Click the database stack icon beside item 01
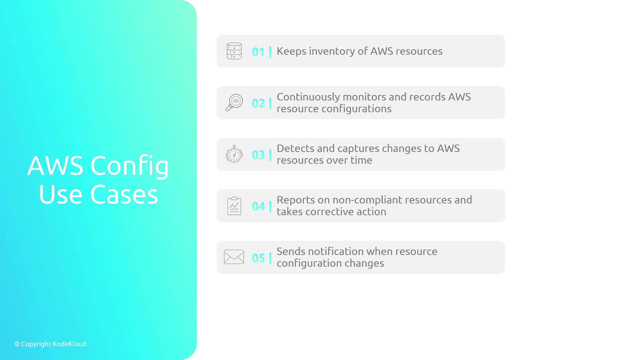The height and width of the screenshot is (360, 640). point(234,51)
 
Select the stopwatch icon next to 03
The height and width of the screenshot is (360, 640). point(234,154)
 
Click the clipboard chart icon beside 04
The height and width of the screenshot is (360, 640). point(234,206)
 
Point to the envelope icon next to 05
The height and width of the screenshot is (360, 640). point(234,257)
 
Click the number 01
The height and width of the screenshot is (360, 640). point(258,52)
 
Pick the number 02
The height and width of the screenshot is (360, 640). point(258,103)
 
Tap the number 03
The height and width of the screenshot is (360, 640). point(258,155)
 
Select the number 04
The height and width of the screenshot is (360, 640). point(258,206)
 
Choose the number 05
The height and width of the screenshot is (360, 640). point(258,258)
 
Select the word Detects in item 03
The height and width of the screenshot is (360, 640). point(295,148)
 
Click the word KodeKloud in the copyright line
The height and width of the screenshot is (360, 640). point(69,344)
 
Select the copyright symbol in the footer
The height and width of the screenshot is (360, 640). point(17,344)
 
